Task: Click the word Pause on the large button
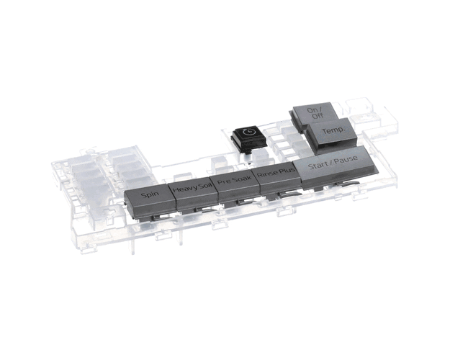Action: [346, 160]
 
